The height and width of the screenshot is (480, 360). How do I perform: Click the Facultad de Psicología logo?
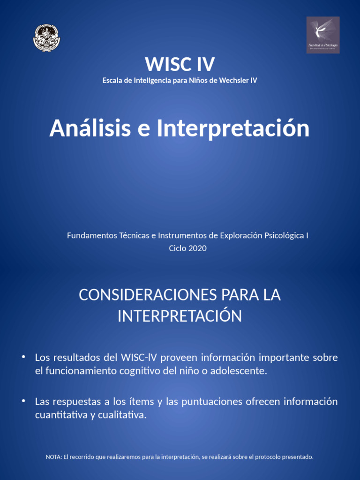pos(322,35)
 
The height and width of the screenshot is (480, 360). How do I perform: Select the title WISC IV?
pos(180,64)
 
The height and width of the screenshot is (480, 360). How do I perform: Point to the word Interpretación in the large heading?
pos(233,128)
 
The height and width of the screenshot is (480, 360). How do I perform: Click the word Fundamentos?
pos(91,235)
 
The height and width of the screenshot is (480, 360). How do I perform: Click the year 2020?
pos(197,248)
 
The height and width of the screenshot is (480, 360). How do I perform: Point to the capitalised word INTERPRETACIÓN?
pos(180,316)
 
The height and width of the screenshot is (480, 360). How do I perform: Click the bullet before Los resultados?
pos(23,357)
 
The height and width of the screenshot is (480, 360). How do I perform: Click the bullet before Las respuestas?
pos(23,401)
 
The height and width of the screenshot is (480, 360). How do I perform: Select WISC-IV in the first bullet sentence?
pos(139,358)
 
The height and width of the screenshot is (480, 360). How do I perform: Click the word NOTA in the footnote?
pos(53,457)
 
